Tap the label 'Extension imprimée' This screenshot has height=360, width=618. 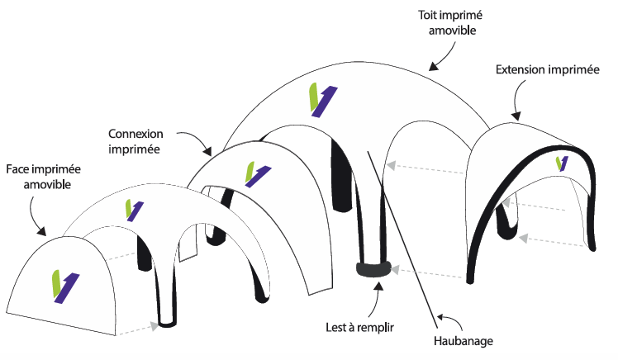[547, 70]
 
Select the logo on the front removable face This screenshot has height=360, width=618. [61, 287]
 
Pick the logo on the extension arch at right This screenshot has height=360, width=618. [563, 163]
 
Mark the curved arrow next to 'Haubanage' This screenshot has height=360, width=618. [450, 319]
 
